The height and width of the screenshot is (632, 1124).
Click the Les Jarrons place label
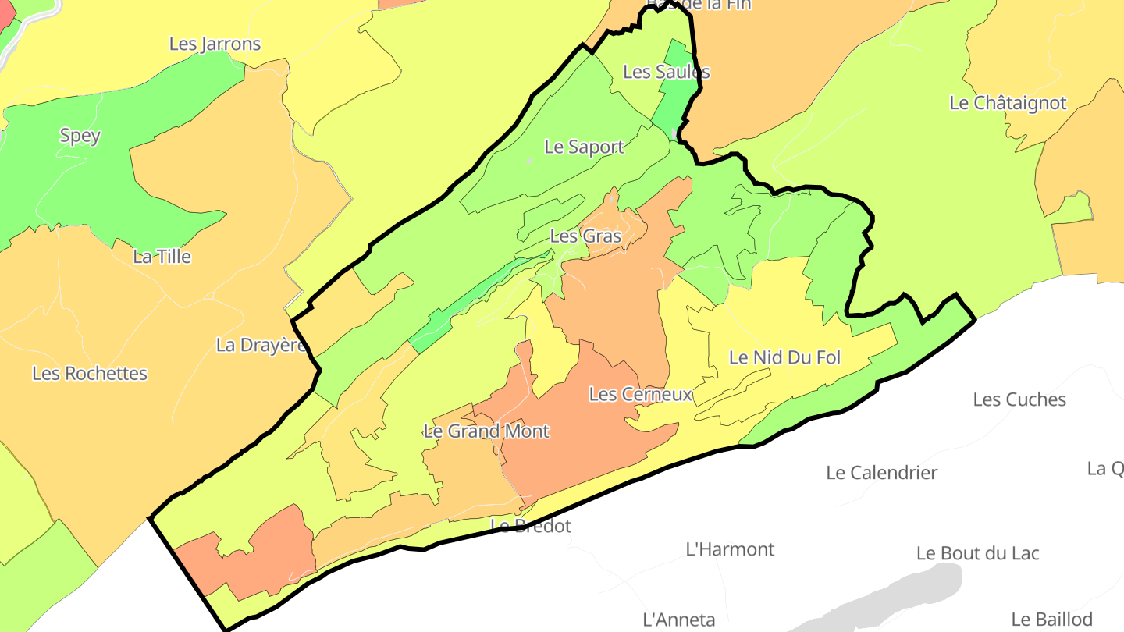[x=215, y=44]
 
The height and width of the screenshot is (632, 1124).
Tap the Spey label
[x=80, y=136]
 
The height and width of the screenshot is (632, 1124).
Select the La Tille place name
[x=162, y=256]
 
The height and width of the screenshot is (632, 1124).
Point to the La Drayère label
[x=261, y=345]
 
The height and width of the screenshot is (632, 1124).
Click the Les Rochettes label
[x=90, y=373]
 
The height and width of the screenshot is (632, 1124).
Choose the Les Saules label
[x=667, y=72]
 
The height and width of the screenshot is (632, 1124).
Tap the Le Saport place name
[x=584, y=147]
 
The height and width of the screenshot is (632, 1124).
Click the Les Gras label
[x=585, y=236]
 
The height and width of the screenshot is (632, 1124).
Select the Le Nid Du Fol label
[x=784, y=357]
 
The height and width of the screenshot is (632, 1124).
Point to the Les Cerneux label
[x=640, y=394]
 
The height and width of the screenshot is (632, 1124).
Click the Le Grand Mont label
[x=486, y=431]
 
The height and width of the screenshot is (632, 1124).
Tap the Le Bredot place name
[x=531, y=526]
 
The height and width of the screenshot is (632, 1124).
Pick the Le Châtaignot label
[x=1007, y=102]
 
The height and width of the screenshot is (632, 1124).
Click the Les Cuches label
[x=1019, y=399]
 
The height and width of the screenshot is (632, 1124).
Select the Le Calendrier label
[x=881, y=472]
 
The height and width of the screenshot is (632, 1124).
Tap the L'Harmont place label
[x=730, y=549]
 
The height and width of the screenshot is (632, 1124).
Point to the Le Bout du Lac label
[x=977, y=553]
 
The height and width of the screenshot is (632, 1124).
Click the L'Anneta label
[x=678, y=620]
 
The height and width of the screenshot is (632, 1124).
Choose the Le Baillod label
[x=1051, y=620]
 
